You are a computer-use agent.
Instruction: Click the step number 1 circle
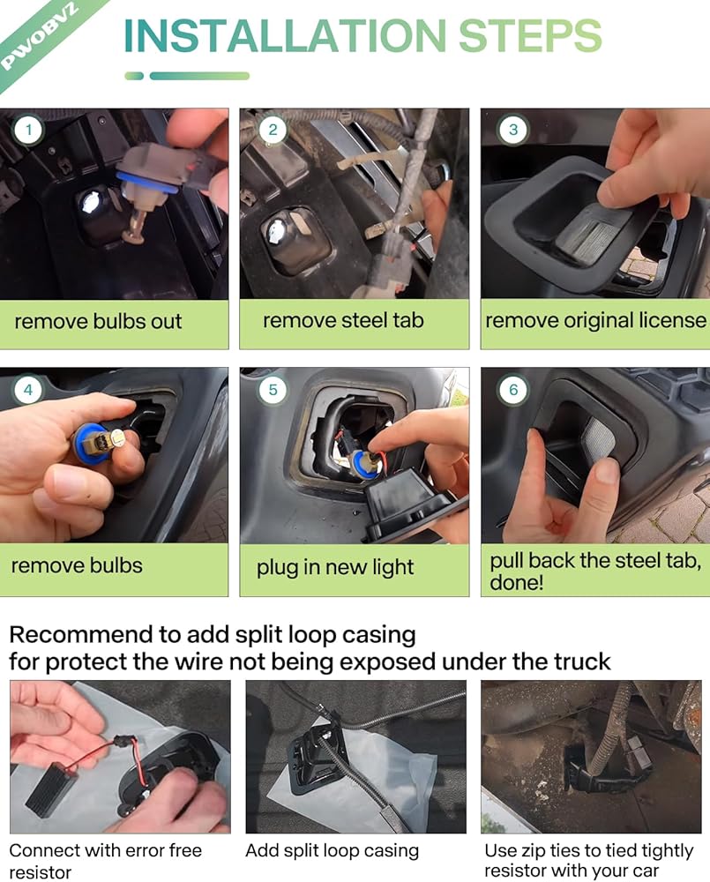[29, 131]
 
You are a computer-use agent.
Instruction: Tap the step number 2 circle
[273, 130]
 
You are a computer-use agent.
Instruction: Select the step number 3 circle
[513, 130]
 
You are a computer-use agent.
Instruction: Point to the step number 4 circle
[28, 389]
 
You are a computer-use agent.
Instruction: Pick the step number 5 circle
[273, 389]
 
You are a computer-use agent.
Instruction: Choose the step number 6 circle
[513, 389]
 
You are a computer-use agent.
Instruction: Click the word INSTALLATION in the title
[285, 36]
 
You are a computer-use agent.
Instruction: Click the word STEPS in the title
[531, 36]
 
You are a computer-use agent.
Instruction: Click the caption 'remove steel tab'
[343, 321]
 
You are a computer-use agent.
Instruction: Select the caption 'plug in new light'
[335, 567]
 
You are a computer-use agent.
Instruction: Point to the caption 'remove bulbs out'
[98, 321]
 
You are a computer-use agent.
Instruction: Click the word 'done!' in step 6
[517, 582]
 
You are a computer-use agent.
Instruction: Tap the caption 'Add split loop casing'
[332, 850]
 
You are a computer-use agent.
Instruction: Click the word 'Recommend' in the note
[81, 634]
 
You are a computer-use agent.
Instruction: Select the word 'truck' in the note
[582, 661]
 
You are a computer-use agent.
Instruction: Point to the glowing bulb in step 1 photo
[90, 204]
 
